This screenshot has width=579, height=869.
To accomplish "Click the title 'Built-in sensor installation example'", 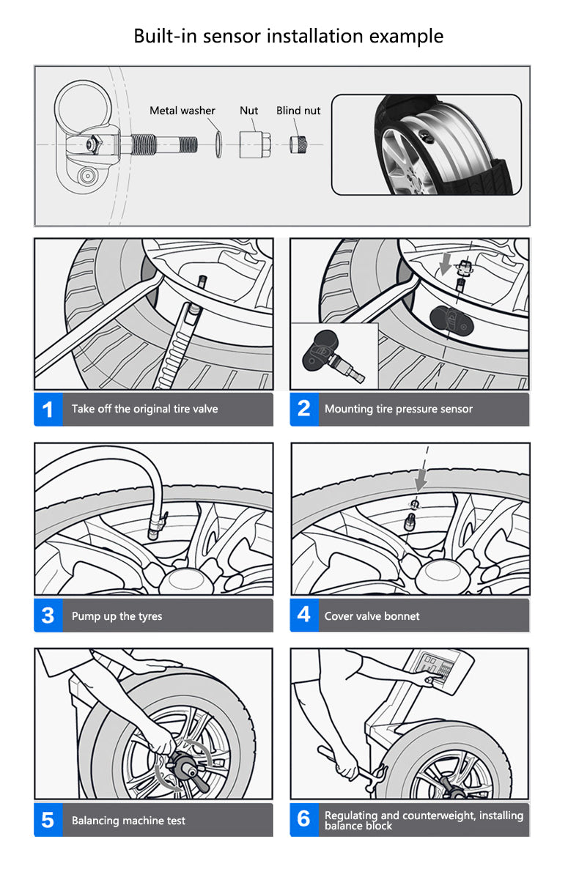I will click(288, 36).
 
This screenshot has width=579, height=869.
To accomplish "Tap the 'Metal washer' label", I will click(182, 111).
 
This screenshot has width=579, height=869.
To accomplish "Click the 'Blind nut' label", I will click(298, 111).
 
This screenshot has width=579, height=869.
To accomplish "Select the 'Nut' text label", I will click(249, 111).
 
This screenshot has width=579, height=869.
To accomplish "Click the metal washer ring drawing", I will click(218, 142).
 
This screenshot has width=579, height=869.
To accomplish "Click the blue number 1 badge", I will click(48, 409).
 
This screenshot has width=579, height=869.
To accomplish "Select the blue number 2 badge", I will click(303, 409).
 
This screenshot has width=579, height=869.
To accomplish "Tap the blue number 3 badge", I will click(48, 615).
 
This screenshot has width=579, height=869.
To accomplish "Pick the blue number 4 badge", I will click(303, 615).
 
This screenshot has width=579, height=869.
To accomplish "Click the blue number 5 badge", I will click(48, 820).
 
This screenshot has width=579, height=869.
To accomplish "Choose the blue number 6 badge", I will click(303, 820).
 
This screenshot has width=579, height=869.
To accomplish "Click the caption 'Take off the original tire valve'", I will click(144, 409).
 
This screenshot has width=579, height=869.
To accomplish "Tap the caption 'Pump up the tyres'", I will click(117, 616).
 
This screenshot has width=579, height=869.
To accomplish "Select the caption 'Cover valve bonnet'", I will click(372, 616).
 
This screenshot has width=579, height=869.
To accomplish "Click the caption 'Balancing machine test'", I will click(128, 821).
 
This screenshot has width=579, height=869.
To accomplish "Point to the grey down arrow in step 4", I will click(421, 480).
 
